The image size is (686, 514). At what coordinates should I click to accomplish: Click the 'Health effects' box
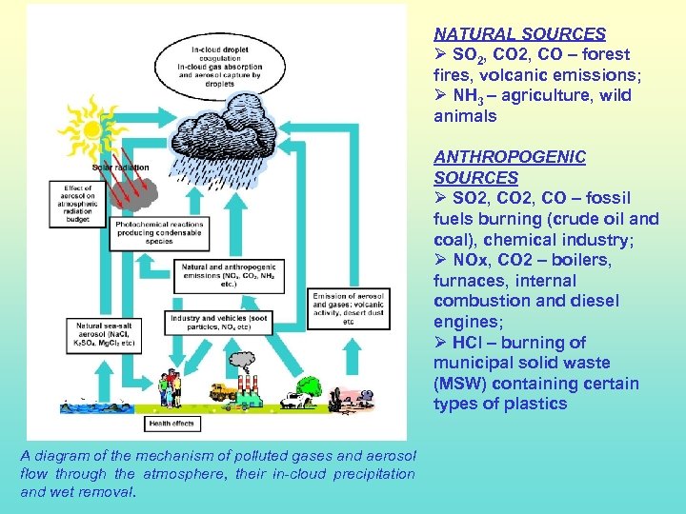pos(172,422)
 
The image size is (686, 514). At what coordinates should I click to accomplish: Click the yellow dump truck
pos(221,390)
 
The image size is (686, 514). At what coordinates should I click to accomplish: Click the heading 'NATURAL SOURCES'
pos(519,34)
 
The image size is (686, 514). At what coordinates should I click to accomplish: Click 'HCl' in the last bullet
pos(463,343)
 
